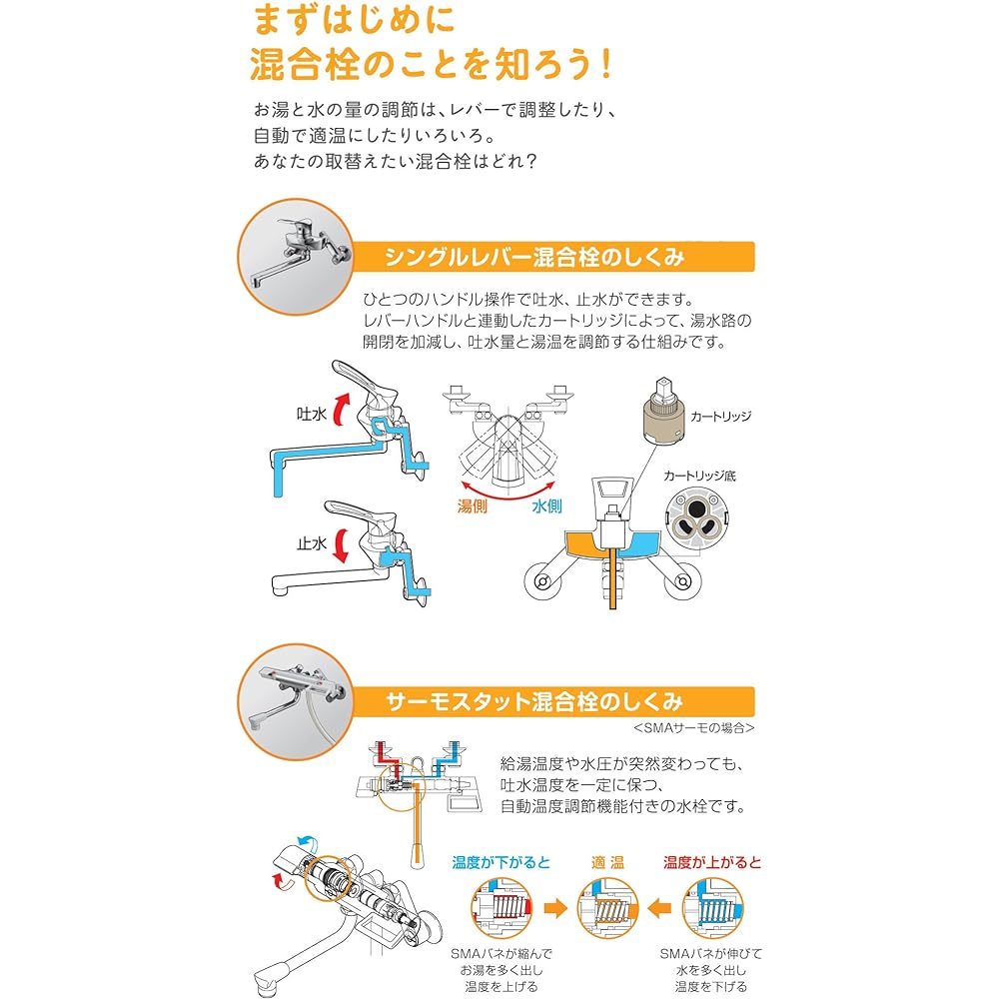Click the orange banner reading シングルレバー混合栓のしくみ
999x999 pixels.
click(x=534, y=257)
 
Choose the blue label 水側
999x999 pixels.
click(x=546, y=506)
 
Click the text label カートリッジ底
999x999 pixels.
click(x=697, y=476)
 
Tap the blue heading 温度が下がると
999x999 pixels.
click(x=500, y=861)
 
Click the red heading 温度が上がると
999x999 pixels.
click(x=711, y=861)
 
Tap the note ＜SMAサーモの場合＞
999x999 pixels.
click(x=694, y=727)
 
